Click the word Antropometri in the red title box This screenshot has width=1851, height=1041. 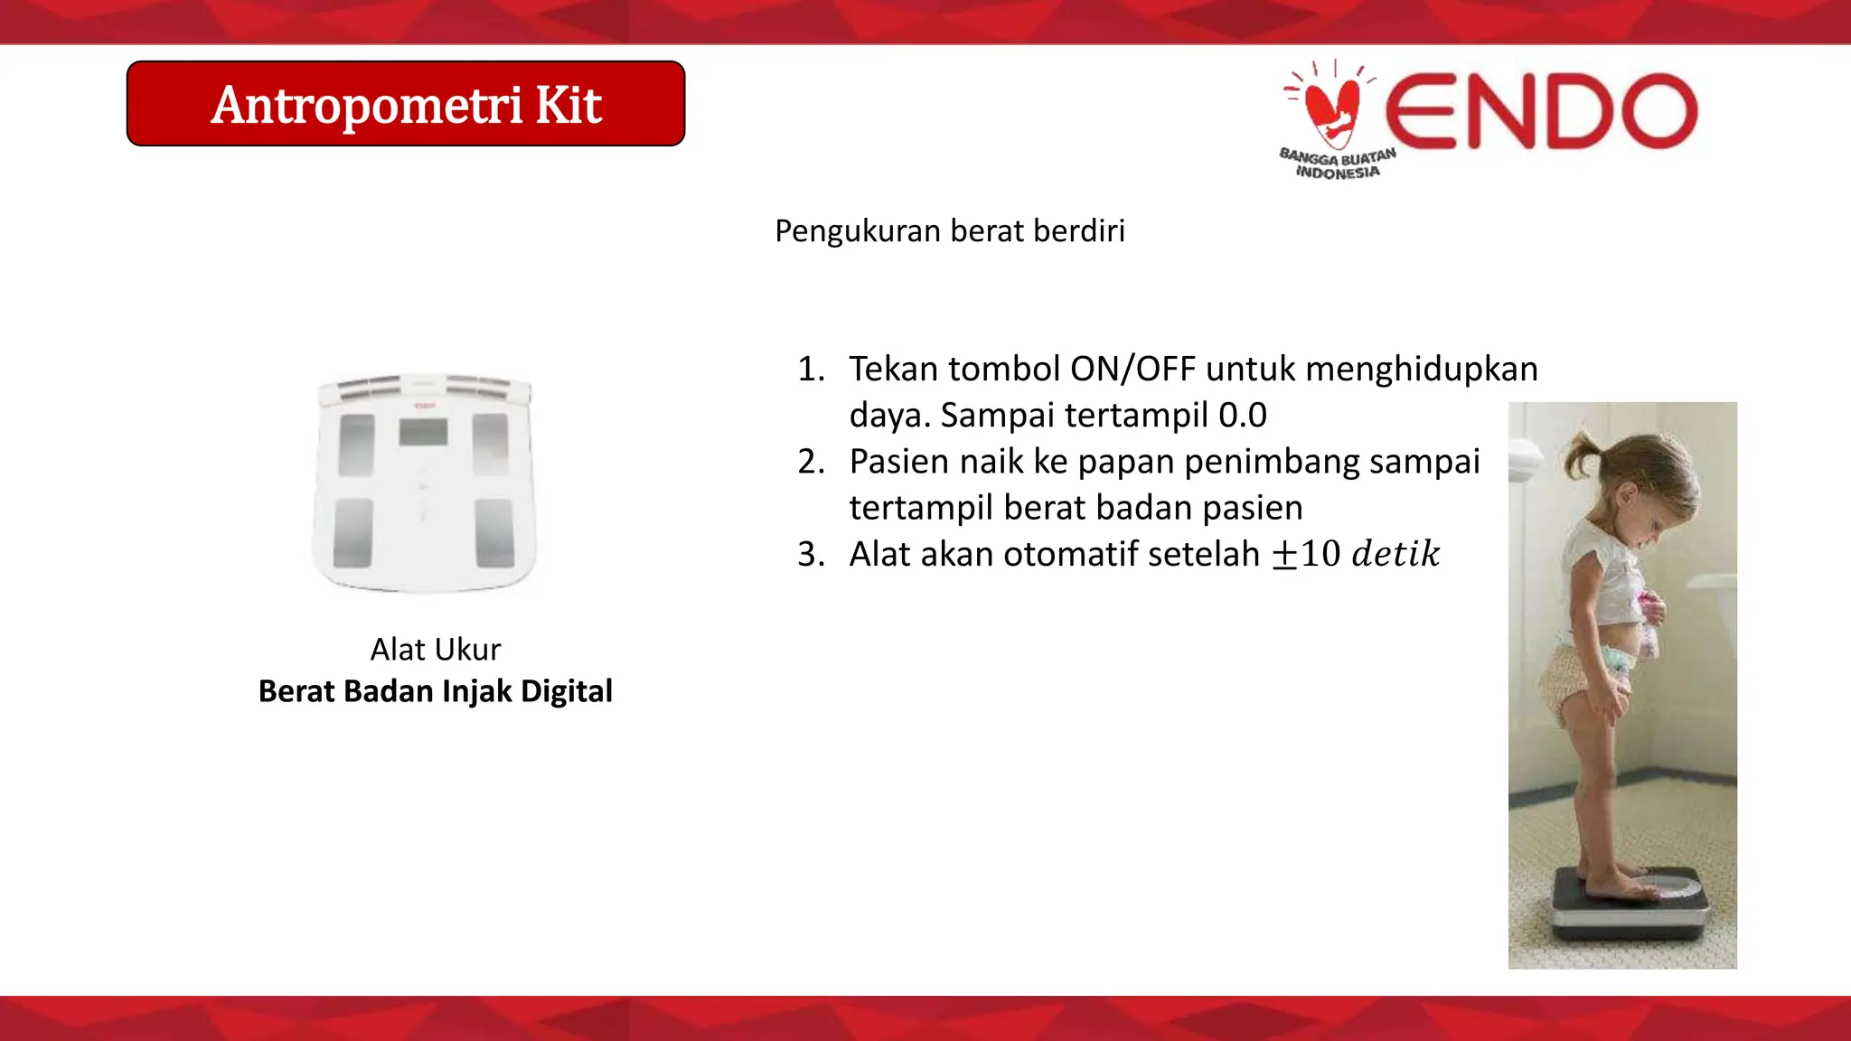tap(366, 106)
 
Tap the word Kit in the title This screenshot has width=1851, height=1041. tap(568, 106)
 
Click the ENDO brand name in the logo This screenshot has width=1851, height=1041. tap(1541, 112)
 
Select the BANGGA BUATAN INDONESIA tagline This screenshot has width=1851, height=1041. tap(1338, 164)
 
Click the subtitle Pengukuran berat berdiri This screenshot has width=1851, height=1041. tap(949, 231)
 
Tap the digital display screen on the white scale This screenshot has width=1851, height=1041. tap(423, 432)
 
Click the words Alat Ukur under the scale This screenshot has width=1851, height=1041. tap(435, 649)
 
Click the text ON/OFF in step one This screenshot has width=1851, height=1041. tap(1132, 370)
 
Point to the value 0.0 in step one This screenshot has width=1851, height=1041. tap(1243, 416)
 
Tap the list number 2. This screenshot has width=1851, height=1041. tap(811, 462)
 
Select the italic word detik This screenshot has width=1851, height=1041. tap(1395, 554)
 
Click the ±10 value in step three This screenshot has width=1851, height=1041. tap(1306, 554)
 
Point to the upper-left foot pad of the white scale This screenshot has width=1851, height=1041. tap(356, 445)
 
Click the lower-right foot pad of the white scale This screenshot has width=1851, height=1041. tap(494, 532)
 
